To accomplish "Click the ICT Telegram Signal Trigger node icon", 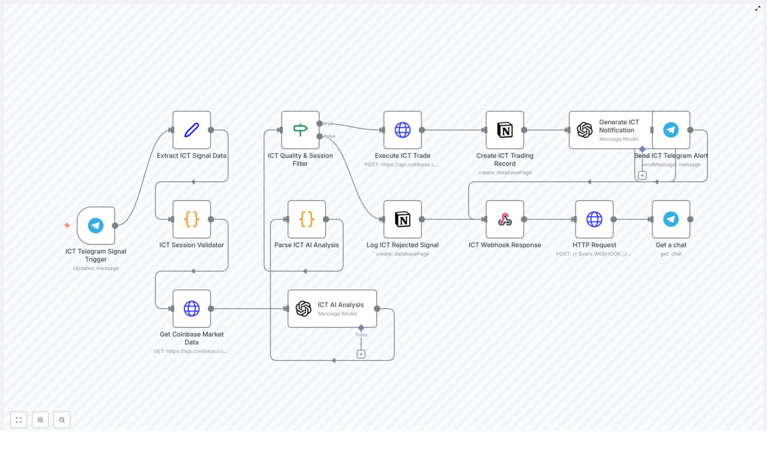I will coord(96,225).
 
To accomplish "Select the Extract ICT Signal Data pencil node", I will coord(192,130).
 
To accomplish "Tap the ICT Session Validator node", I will coord(192,219).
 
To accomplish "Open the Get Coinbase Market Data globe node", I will coord(192,309).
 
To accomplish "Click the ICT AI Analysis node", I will coord(332,309).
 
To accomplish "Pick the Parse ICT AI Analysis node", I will coord(307,219).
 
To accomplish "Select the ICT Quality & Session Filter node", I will coord(300,130).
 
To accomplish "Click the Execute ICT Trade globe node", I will coord(403,130).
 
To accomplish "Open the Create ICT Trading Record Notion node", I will coord(505,130).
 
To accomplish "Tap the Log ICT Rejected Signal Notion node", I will coord(403,219).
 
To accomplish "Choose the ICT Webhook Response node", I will coord(505,219).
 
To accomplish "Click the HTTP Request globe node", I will coord(594,219).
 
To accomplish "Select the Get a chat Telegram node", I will coord(671,219).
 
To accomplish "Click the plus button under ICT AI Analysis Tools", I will coord(361,354).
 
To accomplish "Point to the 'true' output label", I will coord(329,123).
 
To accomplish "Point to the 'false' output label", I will coord(330,136).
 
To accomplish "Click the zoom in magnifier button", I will coord(40,420).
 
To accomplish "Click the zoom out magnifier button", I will coord(62,420).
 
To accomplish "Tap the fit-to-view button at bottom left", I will coord(19,420).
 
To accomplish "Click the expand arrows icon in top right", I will coord(758,9).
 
